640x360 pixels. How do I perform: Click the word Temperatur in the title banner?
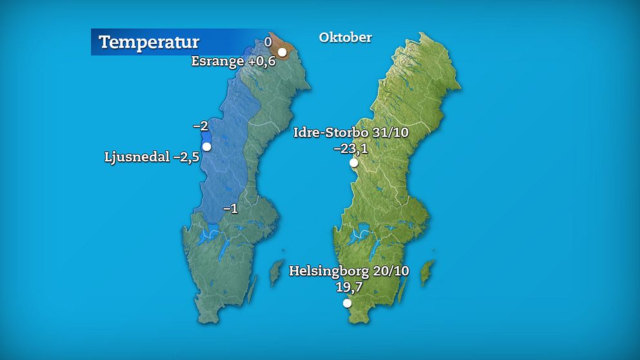point(149,43)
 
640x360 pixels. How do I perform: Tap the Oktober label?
point(345,37)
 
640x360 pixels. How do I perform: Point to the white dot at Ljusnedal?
point(206,146)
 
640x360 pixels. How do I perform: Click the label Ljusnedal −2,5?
point(152,157)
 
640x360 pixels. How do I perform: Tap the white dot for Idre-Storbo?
point(354,163)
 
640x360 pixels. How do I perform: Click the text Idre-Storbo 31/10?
point(351,133)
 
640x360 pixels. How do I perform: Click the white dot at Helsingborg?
point(347,303)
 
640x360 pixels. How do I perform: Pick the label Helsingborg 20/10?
point(349,271)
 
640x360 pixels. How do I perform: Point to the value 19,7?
point(348,286)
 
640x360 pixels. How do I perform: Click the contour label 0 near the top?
point(268,42)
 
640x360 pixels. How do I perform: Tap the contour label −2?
point(200,126)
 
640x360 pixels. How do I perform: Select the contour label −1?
point(230,208)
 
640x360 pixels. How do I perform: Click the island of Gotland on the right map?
point(426,273)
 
